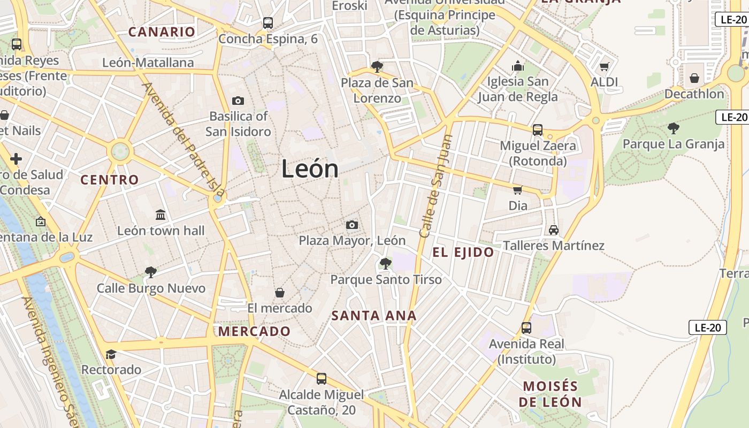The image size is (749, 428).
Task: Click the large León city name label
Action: click(310, 169)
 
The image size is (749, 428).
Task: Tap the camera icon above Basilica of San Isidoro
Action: click(238, 101)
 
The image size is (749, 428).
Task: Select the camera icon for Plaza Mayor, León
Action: click(351, 225)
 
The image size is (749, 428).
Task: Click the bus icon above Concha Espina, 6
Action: click(268, 23)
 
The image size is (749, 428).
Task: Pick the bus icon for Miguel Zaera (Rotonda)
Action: click(538, 129)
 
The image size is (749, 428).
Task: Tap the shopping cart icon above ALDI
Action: click(604, 67)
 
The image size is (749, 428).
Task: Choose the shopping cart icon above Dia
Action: click(517, 190)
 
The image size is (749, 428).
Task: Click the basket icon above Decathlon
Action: click(694, 78)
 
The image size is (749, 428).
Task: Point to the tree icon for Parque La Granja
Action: click(674, 128)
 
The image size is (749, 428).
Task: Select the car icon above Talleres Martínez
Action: click(554, 230)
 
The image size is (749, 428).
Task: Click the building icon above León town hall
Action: click(160, 215)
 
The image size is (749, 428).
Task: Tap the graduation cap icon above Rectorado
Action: click(111, 354)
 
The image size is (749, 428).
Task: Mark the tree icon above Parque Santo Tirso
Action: click(385, 264)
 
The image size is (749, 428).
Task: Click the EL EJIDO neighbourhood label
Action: click(463, 253)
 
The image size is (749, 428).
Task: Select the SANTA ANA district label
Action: click(374, 316)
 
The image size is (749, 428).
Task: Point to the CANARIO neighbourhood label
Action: click(162, 32)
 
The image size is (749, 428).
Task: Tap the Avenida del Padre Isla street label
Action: click(183, 139)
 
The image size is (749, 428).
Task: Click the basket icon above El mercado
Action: click(279, 293)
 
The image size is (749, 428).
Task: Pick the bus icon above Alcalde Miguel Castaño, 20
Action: click(321, 379)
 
